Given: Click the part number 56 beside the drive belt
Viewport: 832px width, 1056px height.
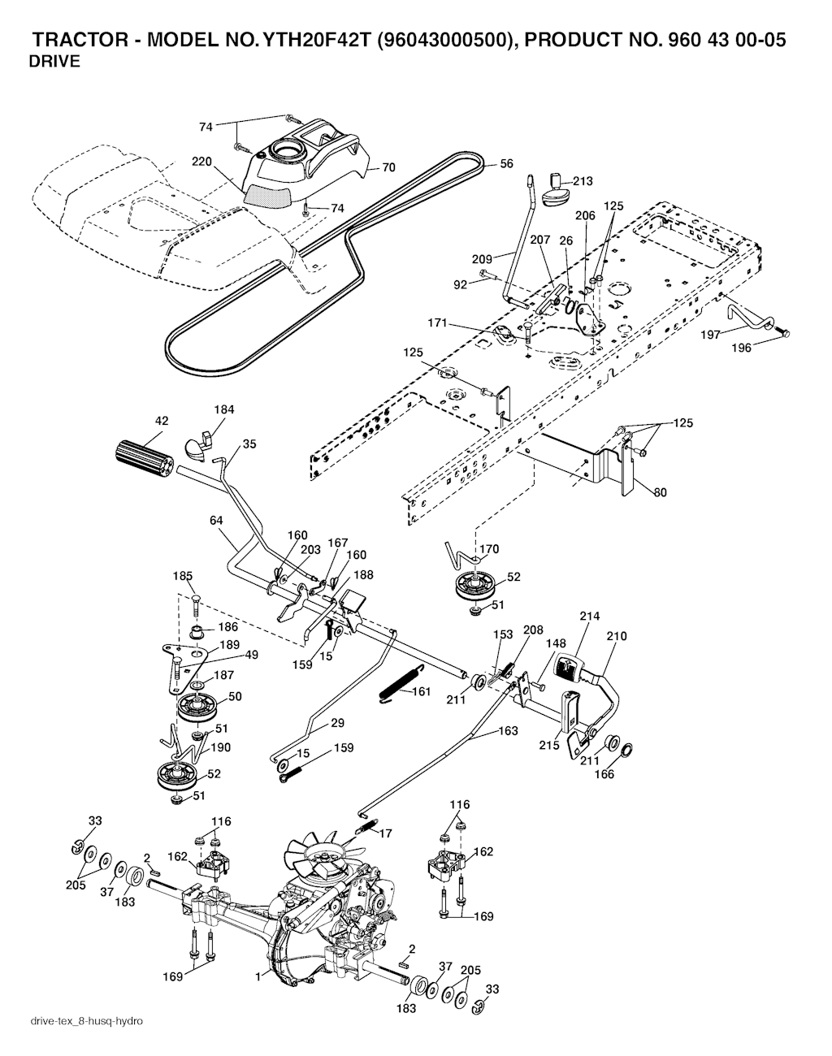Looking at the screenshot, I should (x=506, y=163).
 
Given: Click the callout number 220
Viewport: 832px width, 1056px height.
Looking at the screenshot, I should (x=201, y=162).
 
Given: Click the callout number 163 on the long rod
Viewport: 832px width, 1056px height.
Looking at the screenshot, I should (x=507, y=731).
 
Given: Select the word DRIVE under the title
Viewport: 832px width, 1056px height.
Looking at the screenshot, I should (x=54, y=62).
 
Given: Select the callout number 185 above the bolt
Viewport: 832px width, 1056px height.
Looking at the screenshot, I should (x=183, y=576).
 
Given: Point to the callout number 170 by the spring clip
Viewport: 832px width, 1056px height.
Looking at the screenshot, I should (x=488, y=549).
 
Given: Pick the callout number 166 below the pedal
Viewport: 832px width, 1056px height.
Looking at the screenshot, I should (x=604, y=774).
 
